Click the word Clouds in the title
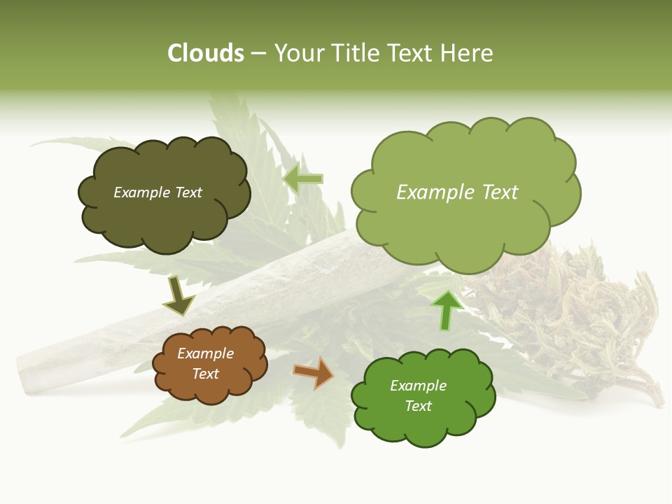click(x=205, y=53)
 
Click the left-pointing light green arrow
click(x=304, y=179)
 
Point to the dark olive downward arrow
click(x=178, y=295)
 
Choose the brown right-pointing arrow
click(x=313, y=372)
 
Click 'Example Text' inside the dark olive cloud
click(x=157, y=192)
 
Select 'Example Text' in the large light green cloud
click(x=457, y=192)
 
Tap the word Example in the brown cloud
click(x=205, y=353)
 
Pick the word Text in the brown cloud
click(x=205, y=374)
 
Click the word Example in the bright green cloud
click(x=418, y=386)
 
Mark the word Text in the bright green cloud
click(x=418, y=406)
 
